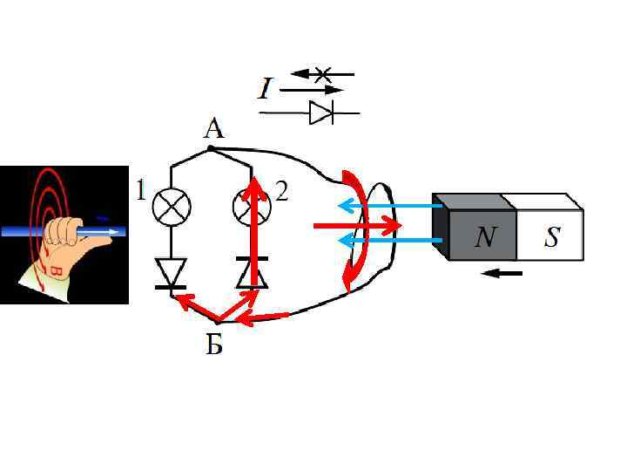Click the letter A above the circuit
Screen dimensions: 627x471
pos(213,129)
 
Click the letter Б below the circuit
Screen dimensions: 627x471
pos(213,346)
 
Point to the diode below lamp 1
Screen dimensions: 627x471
pos(172,273)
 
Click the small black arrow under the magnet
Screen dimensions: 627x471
pos(502,274)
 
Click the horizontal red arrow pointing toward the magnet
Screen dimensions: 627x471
pos(357,225)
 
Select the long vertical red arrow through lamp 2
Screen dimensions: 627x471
pos(254,235)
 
